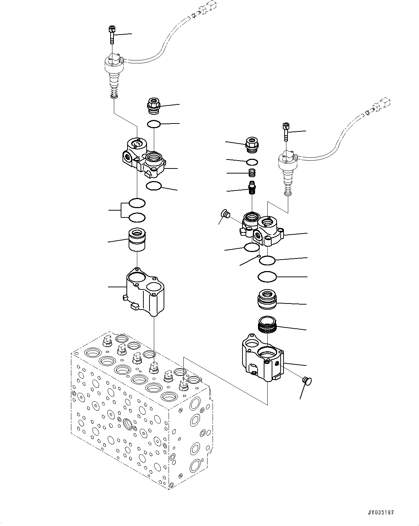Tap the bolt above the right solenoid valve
(286, 132)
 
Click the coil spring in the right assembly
(252, 173)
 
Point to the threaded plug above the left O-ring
(153, 105)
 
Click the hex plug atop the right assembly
(252, 145)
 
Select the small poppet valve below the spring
(252, 188)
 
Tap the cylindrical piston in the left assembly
(137, 240)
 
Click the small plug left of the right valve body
(226, 213)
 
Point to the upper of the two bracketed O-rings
(137, 203)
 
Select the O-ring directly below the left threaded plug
(154, 124)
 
